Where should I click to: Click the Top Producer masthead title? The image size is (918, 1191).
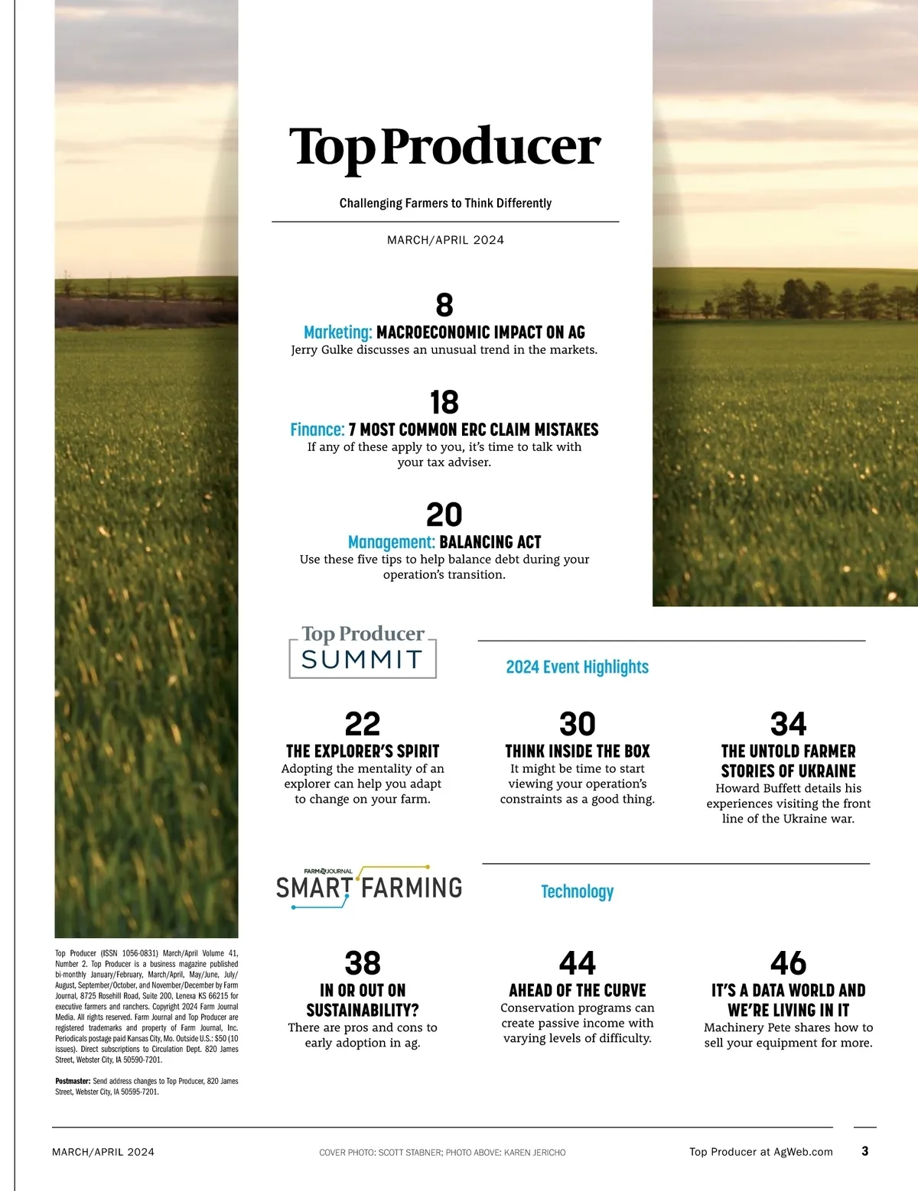point(444,147)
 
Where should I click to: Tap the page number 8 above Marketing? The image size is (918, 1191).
point(444,305)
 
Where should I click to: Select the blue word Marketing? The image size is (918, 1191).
point(337,333)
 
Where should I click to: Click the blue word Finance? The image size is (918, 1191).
point(317,430)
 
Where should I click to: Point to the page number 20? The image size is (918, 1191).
point(444,514)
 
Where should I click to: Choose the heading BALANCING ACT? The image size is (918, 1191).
point(490,542)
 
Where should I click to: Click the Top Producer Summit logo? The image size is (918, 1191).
point(363,651)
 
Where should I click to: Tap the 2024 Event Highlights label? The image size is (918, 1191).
point(577,667)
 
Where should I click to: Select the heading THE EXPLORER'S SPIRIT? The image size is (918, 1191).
point(363,751)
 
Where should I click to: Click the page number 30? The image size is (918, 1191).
point(578,724)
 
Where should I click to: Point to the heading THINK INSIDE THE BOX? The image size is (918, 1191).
point(578,751)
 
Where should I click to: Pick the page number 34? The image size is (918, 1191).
point(788,724)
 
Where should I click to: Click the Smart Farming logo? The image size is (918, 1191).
point(369,887)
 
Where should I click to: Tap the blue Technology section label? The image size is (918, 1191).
point(577,891)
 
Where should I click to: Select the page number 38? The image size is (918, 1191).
point(363,963)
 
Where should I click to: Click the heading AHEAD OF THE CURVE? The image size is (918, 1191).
point(578,990)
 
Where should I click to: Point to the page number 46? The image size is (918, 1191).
point(788,963)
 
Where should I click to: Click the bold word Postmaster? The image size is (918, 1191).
point(73,1082)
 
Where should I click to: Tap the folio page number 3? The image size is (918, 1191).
point(864,1151)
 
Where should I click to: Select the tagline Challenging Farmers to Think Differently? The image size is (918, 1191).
point(445,203)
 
